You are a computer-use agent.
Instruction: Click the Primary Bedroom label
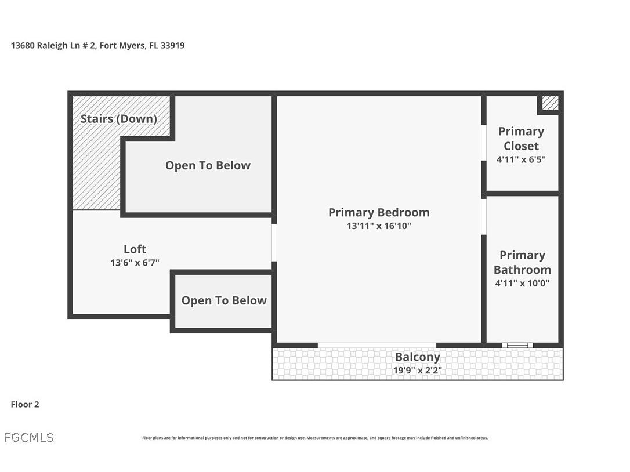tap(379, 212)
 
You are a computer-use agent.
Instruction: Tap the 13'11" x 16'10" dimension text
tap(379, 226)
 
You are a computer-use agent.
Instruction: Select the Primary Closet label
tap(521, 139)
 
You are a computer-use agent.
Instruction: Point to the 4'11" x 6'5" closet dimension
tap(521, 159)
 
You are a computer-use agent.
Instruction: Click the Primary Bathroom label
tap(522, 262)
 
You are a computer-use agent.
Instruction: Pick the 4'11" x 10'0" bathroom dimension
tap(522, 284)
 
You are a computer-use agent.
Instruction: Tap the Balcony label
tap(417, 357)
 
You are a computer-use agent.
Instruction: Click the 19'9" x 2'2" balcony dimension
tap(417, 370)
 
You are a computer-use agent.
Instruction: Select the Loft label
tap(135, 249)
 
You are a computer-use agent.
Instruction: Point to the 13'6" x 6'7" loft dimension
tap(135, 263)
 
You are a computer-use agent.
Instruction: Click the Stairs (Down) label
tap(118, 119)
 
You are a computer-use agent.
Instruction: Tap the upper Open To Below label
tap(208, 165)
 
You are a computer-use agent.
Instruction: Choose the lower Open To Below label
tap(224, 300)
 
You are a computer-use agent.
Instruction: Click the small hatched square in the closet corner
tap(550, 103)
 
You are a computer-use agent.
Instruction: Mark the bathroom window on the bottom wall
tap(517, 346)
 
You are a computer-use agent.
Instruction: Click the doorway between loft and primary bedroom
tap(274, 242)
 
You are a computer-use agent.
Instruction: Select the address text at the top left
tap(97, 45)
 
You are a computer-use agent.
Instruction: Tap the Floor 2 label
tap(25, 405)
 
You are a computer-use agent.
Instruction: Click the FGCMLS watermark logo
tap(29, 438)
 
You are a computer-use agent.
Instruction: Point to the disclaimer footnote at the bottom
tap(315, 438)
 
